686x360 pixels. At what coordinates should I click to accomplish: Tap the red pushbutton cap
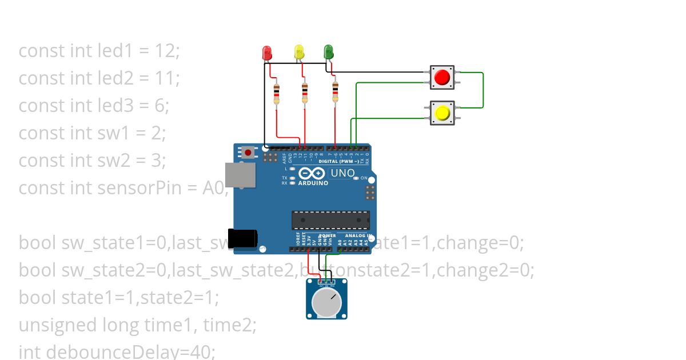point(442,77)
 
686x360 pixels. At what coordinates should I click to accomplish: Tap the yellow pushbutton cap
point(442,113)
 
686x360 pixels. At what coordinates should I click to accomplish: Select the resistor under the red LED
point(277,93)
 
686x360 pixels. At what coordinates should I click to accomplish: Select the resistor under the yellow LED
point(305,93)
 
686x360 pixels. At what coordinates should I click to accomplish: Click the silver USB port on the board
point(240,175)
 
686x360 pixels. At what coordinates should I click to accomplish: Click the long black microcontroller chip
point(330,220)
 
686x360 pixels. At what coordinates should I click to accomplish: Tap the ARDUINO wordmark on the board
point(313,183)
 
